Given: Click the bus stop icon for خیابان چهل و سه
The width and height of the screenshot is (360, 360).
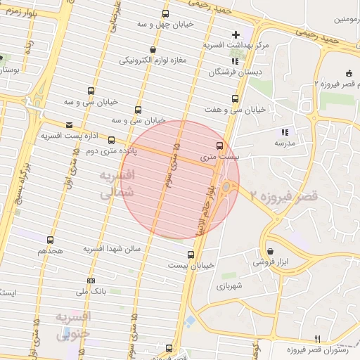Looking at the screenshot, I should [165, 13].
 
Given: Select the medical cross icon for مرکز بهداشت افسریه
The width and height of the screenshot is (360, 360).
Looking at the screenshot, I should [236, 34].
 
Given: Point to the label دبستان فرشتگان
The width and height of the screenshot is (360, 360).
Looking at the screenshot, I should [235, 72].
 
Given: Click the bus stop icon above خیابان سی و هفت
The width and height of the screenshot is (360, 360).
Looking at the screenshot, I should [235, 99].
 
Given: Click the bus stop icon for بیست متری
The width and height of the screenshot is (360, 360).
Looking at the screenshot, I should [219, 146].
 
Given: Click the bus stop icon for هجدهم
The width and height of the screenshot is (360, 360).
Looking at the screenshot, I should [49, 240].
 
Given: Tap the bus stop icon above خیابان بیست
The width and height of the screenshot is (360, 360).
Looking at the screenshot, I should [191, 255].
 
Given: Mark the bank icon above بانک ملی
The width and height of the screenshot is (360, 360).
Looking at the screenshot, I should [90, 281].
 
